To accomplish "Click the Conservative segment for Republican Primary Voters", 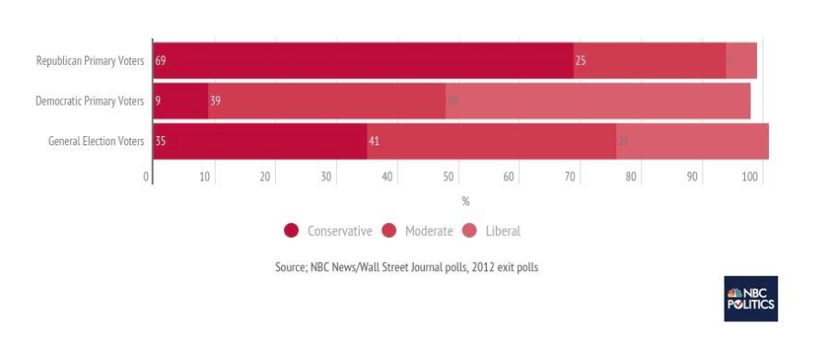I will pos(363,61).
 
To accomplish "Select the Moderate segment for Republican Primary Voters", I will pos(649,61).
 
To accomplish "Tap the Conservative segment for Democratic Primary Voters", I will pos(180,101).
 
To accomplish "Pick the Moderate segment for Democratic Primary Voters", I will pos(327,101).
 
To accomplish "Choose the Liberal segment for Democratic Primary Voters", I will pos(598,101).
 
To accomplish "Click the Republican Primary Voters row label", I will pos(90,61).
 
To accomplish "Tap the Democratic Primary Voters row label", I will pos(90,101).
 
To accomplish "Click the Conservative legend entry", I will pos(329,230).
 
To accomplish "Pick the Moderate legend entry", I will pos(417,230).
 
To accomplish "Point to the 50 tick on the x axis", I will pos(449,176).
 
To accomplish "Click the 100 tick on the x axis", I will pos(751,176).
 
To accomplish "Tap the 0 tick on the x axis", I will pos(147,176).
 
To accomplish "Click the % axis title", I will pos(465,201).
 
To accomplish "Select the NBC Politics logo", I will pos(750,298).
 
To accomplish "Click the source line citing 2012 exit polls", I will pos(406,267).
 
